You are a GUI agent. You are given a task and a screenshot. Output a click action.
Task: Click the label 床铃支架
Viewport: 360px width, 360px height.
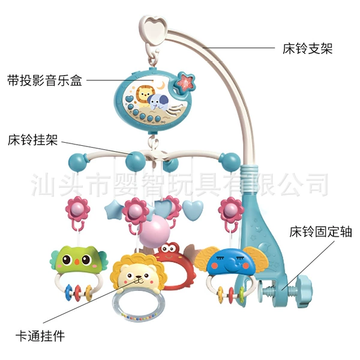pos(307,49)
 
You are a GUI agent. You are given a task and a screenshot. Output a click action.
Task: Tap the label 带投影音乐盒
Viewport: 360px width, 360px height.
pos(44,80)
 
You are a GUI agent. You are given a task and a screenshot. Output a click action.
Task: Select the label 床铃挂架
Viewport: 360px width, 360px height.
pos(32,140)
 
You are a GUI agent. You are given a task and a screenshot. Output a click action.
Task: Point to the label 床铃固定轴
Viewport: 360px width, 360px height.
pos(320,232)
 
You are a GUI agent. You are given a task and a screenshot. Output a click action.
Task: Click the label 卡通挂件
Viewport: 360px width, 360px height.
pos(40,336)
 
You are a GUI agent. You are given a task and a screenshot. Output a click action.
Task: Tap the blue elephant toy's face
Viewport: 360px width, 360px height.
pos(230,263)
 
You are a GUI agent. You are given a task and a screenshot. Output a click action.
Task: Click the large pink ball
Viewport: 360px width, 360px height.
pos(154,234)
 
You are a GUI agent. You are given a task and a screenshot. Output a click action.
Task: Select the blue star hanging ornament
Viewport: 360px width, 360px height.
pos(113,209)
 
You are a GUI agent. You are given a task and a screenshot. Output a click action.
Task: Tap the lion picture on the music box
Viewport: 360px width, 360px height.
pos(143,96)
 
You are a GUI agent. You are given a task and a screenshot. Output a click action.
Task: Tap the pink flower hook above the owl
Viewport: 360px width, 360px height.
pos(77,214)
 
